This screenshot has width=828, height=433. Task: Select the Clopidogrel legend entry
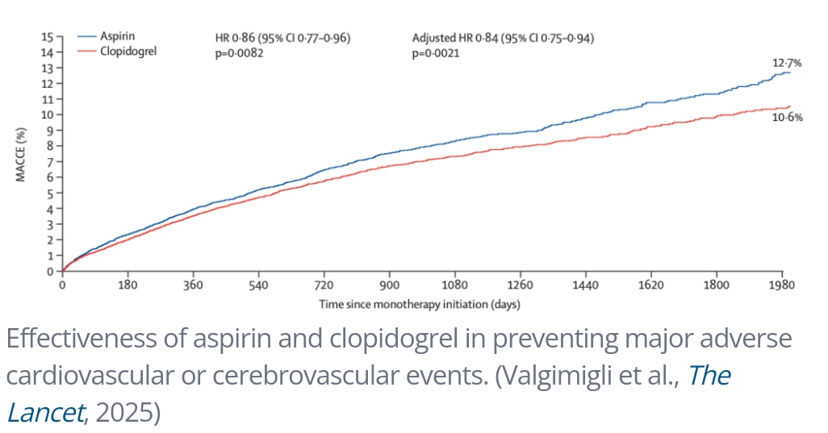click(x=128, y=50)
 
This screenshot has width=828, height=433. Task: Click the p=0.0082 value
click(x=233, y=52)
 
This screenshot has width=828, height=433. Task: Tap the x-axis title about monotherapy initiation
click(x=420, y=305)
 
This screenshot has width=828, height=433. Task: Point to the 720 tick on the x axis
click(x=324, y=285)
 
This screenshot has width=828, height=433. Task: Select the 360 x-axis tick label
click(x=193, y=285)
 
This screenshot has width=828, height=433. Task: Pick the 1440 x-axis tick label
click(x=585, y=285)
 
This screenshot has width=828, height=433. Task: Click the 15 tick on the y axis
click(x=48, y=37)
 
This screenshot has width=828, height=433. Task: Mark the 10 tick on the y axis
click(x=48, y=114)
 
